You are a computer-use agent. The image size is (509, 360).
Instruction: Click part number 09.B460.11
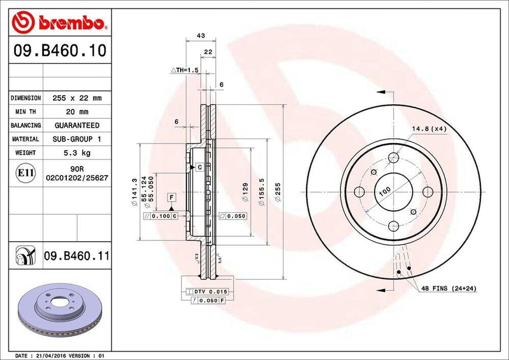coord(77,257)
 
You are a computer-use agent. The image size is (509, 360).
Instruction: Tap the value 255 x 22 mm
coord(77,98)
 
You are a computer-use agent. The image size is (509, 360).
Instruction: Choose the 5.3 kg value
coord(77,153)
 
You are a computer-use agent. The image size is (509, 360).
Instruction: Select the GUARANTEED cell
coord(77,125)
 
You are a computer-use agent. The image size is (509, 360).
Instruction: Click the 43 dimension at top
coord(201,36)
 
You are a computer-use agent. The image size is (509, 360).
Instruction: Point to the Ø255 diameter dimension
coord(278,191)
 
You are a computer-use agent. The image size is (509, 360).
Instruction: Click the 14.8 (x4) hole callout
coord(429,129)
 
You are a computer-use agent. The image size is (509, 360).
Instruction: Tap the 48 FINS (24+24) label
coord(446,288)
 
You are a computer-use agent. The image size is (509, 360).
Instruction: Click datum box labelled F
coord(171,197)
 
